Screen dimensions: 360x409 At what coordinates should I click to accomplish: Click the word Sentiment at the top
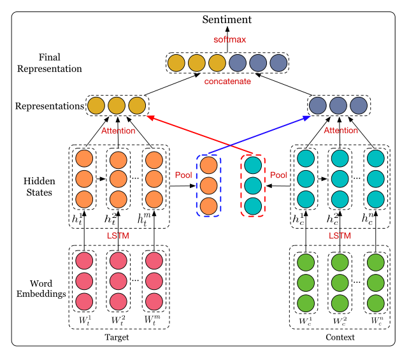227,20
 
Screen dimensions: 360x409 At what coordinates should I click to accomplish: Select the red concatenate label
227,82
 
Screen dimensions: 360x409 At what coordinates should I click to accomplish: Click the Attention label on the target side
118,131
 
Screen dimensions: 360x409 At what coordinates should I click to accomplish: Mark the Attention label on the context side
341,131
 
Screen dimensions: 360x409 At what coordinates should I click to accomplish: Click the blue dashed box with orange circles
208,185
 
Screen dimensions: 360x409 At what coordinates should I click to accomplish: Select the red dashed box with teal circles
252,185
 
